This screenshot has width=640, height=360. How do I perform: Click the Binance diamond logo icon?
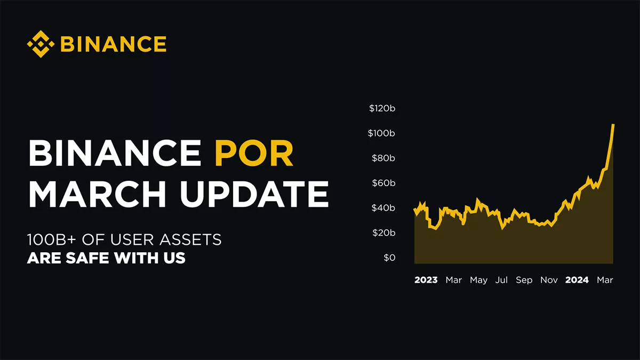(41, 44)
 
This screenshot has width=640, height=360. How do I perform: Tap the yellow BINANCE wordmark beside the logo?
(114, 44)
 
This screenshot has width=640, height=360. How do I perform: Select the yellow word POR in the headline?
(254, 153)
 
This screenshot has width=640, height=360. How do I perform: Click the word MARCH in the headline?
(97, 194)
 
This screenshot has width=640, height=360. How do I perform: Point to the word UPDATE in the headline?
(254, 194)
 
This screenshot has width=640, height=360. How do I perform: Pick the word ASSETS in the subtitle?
(190, 239)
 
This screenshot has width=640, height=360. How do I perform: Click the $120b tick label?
(382, 108)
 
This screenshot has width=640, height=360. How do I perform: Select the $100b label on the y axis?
(381, 133)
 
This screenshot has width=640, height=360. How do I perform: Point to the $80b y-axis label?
(383, 158)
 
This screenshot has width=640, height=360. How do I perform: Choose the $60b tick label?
(383, 183)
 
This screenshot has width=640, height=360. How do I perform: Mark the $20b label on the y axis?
(383, 233)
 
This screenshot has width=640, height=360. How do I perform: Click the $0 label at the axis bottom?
(389, 258)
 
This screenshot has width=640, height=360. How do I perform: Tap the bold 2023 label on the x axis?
(426, 280)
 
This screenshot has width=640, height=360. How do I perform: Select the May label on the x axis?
(479, 281)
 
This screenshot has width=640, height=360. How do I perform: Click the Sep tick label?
(524, 281)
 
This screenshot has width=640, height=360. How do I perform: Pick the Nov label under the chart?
(549, 280)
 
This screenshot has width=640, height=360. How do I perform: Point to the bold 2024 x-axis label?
(577, 280)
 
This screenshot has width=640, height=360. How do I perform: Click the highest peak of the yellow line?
(613, 125)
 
